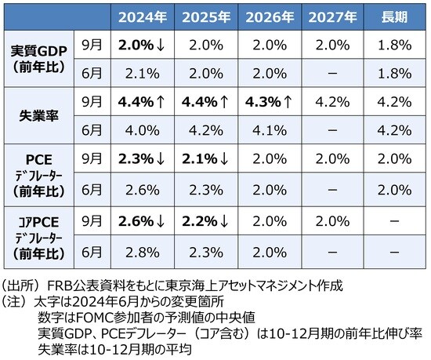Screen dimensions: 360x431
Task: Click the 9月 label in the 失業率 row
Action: (92, 102)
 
